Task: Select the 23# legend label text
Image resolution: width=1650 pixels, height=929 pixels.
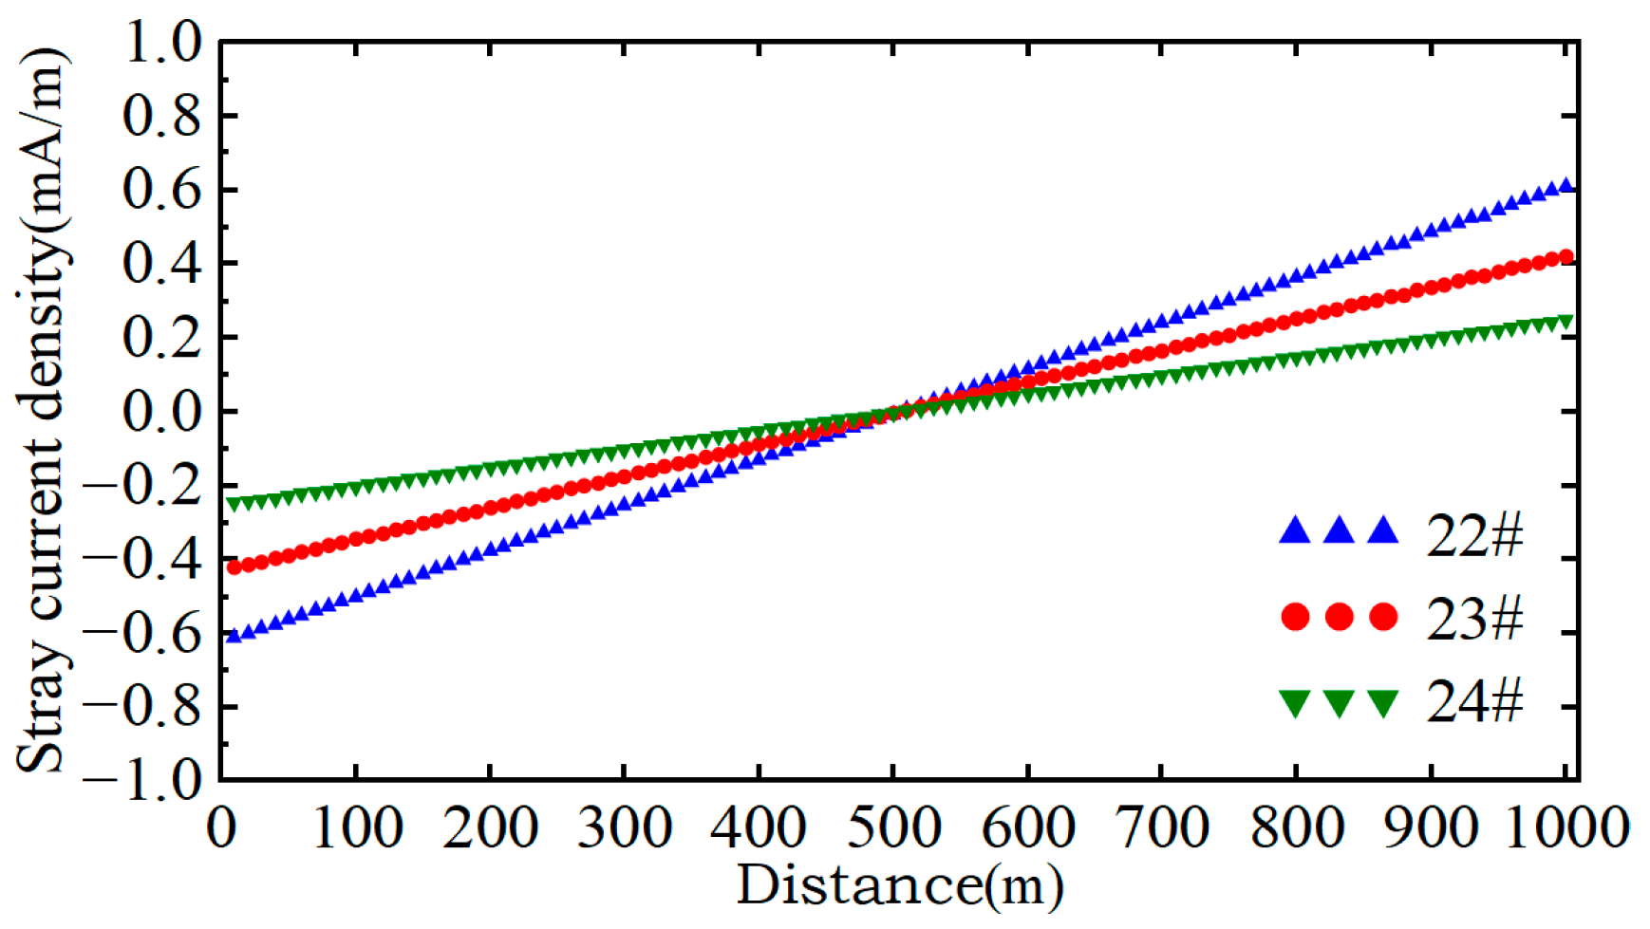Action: pos(1474,618)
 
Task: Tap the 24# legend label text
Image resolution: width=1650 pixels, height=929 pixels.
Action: pos(1474,702)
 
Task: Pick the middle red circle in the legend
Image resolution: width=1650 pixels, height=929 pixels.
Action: pos(1339,617)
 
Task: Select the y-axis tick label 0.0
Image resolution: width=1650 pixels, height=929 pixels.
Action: pos(162,412)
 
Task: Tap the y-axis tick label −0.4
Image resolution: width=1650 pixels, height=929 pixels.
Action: pos(143,560)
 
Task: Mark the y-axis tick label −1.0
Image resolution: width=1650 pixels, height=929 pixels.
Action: pos(143,781)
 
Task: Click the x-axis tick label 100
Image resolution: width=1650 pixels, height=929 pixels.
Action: pos(356,827)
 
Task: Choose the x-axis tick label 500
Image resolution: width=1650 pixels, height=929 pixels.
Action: pos(893,827)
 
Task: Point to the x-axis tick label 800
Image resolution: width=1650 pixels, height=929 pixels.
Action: pos(1296,827)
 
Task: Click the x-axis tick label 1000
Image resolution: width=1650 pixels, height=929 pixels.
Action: pos(1566,827)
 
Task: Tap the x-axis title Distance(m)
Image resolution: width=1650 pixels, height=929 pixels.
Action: pos(899,885)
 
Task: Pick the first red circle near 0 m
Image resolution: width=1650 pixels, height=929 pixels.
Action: pos(234,567)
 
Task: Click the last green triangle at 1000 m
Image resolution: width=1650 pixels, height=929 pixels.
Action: pos(1566,323)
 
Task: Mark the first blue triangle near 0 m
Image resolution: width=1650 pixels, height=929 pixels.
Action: pos(234,636)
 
